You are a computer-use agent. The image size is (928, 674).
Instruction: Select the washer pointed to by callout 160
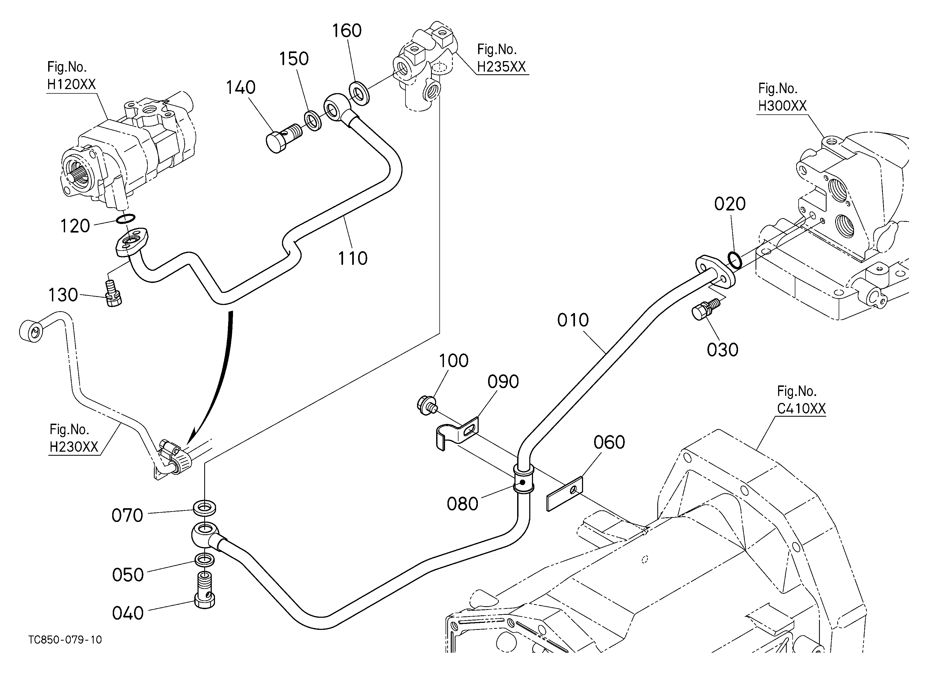(359, 93)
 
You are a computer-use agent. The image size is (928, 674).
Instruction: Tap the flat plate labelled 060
(565, 494)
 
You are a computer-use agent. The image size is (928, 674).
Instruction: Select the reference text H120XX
(71, 84)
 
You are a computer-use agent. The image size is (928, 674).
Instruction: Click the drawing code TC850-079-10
(65, 640)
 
